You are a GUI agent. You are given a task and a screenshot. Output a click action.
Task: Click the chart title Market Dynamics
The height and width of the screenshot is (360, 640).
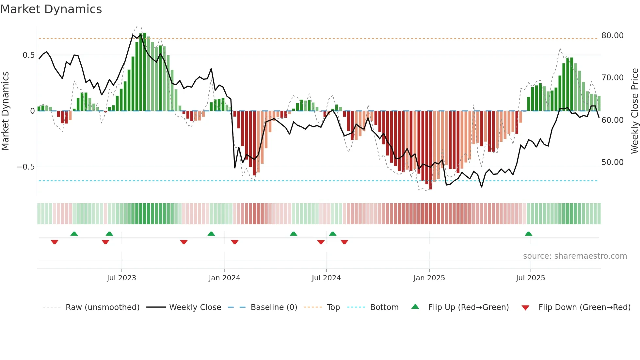(x=51, y=9)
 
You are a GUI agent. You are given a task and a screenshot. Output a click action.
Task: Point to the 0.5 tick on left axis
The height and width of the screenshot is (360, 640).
(x=28, y=55)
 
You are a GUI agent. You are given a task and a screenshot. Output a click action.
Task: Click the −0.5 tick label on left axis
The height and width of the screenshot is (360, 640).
(x=25, y=167)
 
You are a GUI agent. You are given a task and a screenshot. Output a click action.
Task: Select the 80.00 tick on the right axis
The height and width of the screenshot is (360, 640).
(x=612, y=35)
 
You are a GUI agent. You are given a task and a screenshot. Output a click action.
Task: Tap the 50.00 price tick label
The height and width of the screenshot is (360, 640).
(x=612, y=162)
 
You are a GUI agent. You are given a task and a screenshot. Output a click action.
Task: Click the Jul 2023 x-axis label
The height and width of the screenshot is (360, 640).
(x=121, y=278)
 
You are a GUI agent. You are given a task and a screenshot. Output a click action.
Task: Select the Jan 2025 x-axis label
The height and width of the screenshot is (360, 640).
(x=429, y=278)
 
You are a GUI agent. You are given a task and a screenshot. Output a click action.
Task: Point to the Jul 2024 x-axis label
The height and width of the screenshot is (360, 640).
(x=326, y=278)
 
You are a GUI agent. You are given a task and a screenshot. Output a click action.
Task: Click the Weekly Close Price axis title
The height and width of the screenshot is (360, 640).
(x=634, y=111)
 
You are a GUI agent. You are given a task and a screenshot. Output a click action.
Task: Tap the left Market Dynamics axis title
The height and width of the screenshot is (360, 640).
(x=5, y=111)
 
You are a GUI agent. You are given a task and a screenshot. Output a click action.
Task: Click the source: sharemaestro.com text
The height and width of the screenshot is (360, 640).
(x=575, y=256)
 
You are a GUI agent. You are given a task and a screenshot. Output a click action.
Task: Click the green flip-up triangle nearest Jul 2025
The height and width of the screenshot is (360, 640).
(x=528, y=234)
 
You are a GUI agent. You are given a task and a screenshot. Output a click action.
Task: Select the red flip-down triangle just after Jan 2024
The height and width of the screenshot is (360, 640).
(x=235, y=242)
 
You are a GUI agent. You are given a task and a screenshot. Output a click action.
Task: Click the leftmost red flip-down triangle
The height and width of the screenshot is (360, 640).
(x=55, y=242)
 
